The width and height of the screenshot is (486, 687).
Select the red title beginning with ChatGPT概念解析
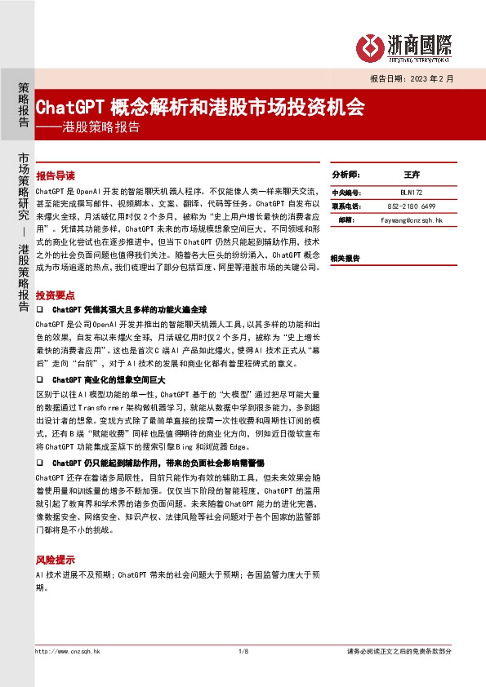coord(201,108)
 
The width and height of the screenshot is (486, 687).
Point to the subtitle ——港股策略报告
coord(88,127)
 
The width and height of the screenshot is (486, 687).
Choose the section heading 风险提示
coord(56,561)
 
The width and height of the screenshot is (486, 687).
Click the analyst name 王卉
coord(411,175)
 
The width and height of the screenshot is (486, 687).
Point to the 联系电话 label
coord(346,206)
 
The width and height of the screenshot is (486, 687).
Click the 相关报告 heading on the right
coord(345,258)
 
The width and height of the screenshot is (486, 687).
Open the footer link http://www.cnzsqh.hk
coord(68,651)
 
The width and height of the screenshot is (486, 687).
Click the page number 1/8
coord(243,651)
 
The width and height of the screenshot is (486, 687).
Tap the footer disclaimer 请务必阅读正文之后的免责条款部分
coord(399,651)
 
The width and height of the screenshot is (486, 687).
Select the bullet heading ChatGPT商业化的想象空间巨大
coord(109,380)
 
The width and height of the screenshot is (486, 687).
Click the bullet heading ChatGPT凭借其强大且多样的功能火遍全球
coord(130,310)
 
